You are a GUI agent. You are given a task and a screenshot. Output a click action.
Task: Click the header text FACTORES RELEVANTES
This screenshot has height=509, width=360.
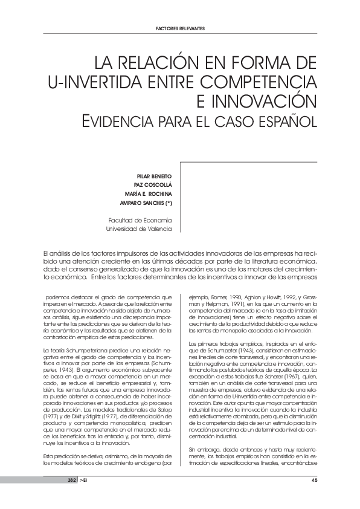(x=180, y=28)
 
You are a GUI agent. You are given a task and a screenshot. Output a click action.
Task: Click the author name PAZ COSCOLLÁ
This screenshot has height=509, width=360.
(x=153, y=184)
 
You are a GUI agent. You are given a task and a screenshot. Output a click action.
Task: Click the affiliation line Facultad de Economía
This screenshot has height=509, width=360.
(x=140, y=219)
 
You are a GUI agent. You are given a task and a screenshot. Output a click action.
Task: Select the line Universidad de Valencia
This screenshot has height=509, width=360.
(x=139, y=229)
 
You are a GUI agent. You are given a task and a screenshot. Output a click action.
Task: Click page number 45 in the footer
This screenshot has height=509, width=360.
(x=314, y=480)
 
